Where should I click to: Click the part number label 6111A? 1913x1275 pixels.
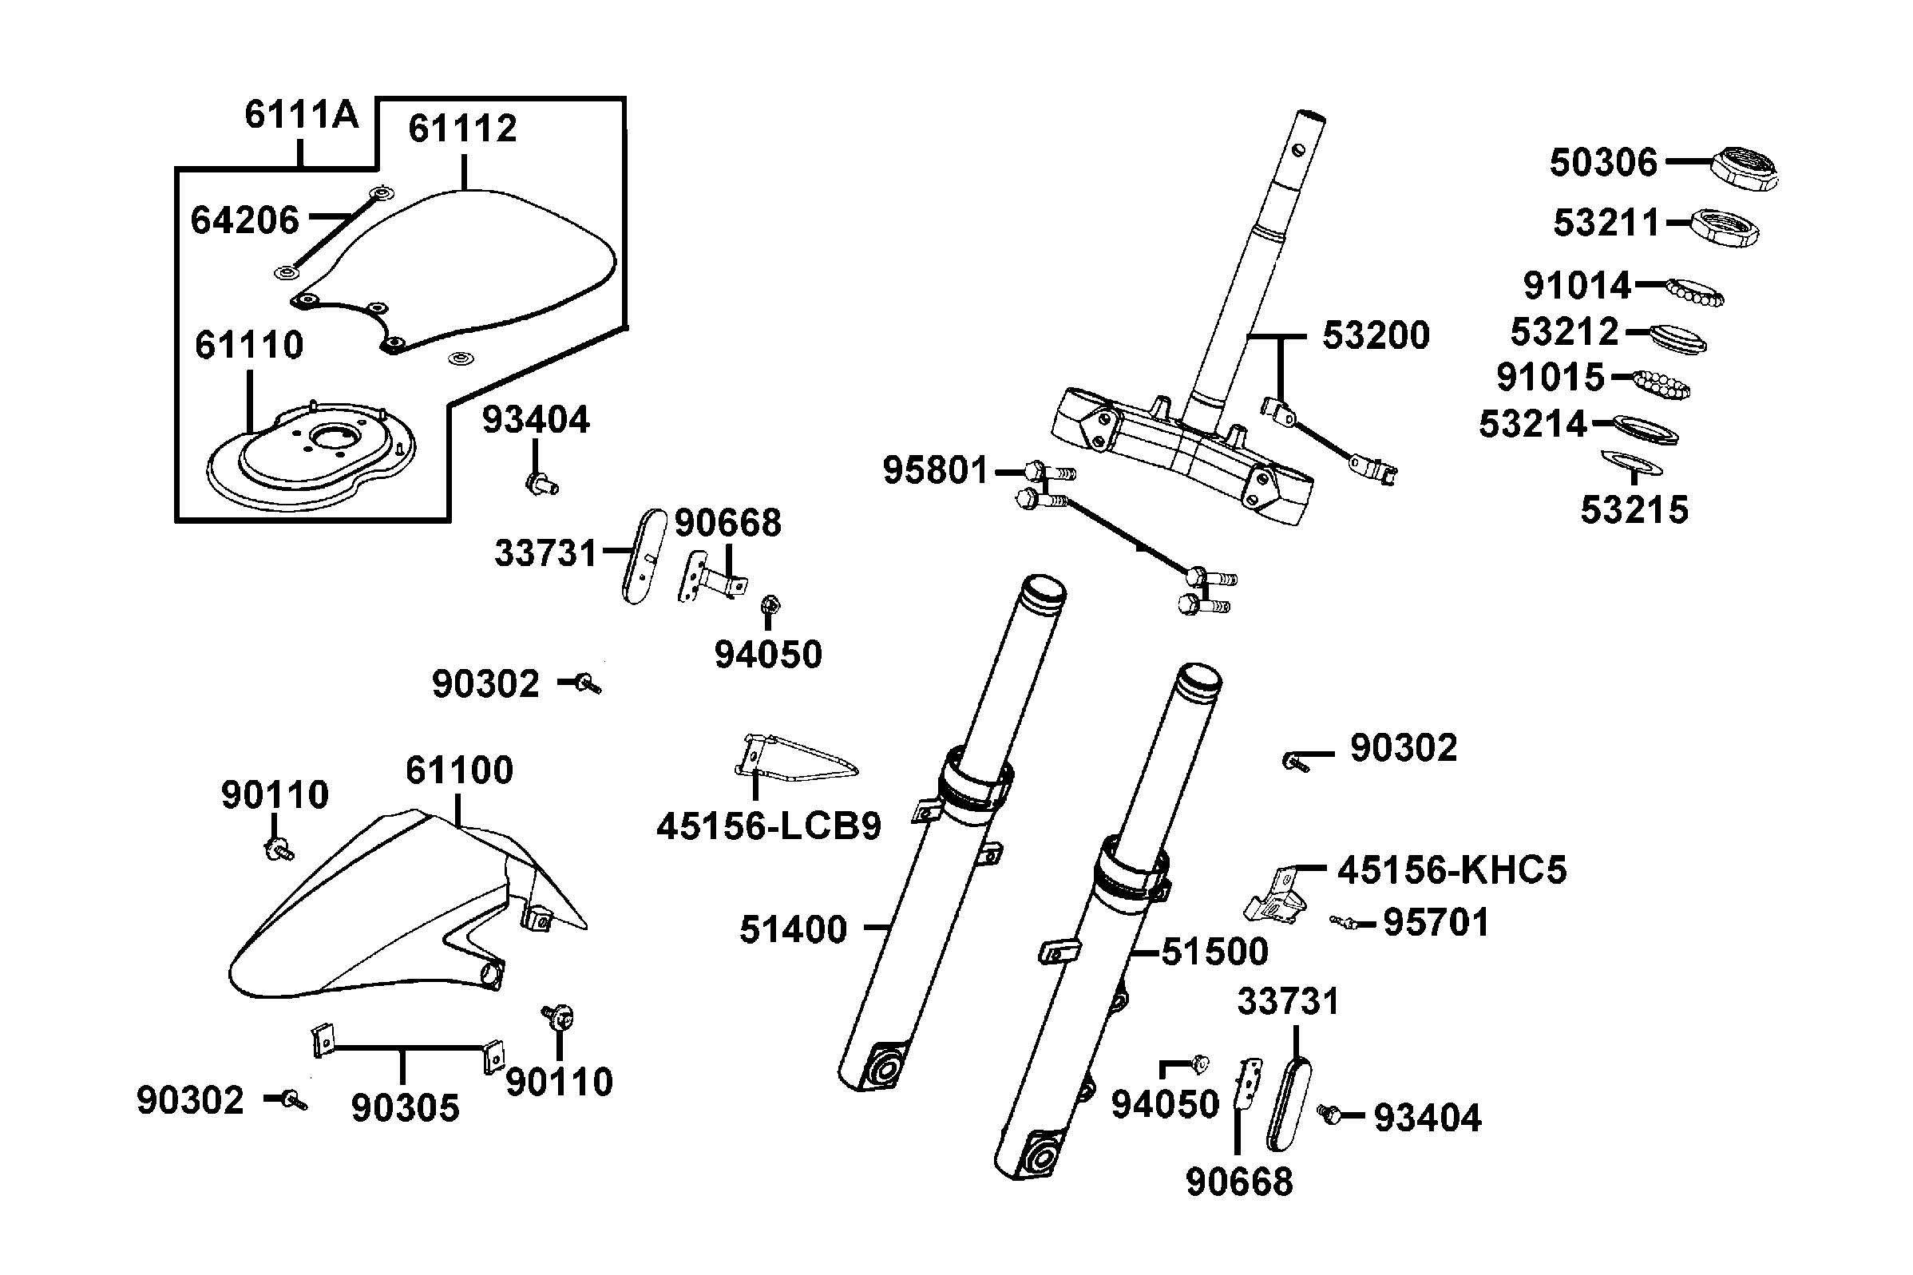(x=301, y=116)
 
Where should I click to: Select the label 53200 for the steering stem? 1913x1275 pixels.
(x=1375, y=335)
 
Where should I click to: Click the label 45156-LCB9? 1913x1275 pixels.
(x=768, y=827)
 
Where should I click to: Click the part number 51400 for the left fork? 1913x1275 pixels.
(x=793, y=929)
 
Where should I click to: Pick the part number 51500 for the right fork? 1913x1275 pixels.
(x=1214, y=952)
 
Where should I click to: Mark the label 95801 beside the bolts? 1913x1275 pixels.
(x=935, y=471)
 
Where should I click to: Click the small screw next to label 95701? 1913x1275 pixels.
(x=1347, y=922)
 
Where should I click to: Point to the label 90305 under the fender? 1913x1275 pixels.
(x=405, y=1107)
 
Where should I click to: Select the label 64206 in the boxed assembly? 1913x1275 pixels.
(x=245, y=220)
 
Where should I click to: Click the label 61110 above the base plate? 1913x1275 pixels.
(x=249, y=346)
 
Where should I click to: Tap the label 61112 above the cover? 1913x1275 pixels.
(x=461, y=129)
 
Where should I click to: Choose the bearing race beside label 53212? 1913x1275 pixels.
(x=1678, y=339)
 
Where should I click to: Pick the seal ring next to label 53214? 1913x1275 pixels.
(x=1645, y=428)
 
